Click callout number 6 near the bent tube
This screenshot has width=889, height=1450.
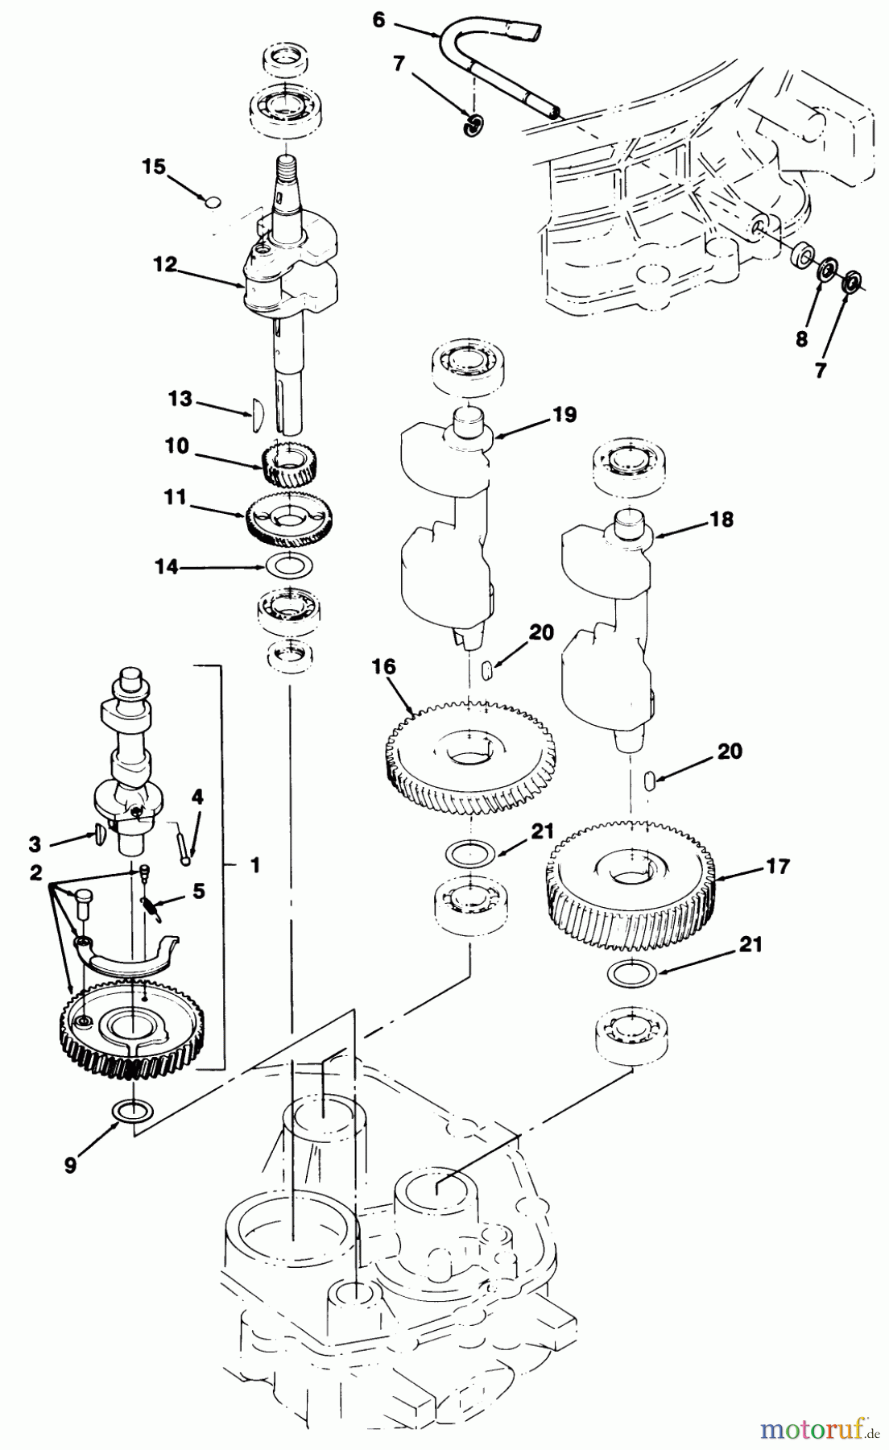(378, 20)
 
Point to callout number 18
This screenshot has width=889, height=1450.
(722, 520)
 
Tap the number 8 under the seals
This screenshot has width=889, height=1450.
(801, 339)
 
